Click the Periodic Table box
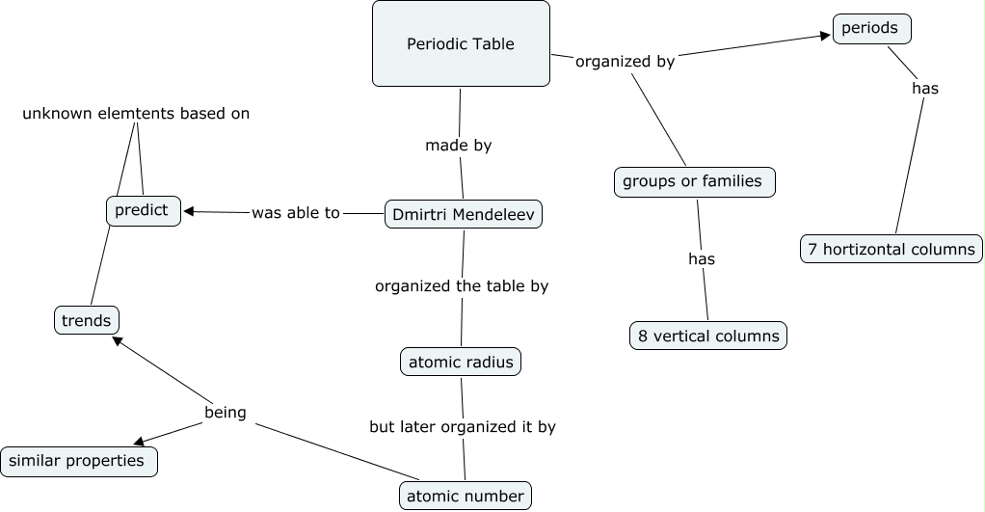click(x=461, y=43)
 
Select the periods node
click(x=871, y=29)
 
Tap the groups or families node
click(x=693, y=181)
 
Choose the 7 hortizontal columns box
click(x=891, y=249)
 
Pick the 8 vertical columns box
click(x=708, y=336)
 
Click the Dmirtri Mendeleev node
click(x=463, y=213)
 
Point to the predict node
click(x=143, y=210)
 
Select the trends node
click(x=87, y=320)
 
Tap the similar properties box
click(x=78, y=461)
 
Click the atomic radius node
click(x=461, y=362)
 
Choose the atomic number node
click(x=466, y=496)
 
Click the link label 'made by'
click(x=459, y=146)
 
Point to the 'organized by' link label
click(x=625, y=62)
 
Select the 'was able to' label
click(x=296, y=213)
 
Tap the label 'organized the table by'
click(x=462, y=285)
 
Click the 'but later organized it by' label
click(x=463, y=426)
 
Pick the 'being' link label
click(x=226, y=413)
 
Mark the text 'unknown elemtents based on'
click(x=136, y=114)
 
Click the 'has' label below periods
click(x=924, y=89)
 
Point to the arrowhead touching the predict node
click(x=189, y=211)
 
